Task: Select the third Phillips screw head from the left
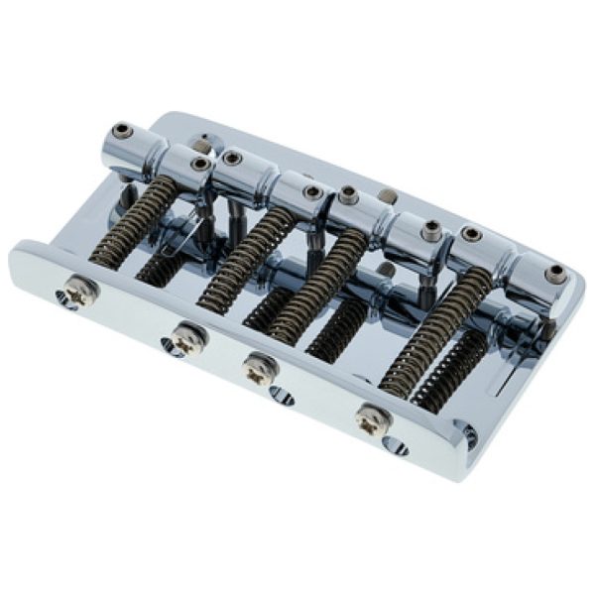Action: pyautogui.click(x=260, y=366)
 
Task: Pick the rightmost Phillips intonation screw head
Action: pyautogui.click(x=372, y=418)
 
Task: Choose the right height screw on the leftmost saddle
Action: pyautogui.click(x=201, y=164)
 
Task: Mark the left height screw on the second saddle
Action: pyautogui.click(x=232, y=158)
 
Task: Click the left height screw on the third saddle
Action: pyautogui.click(x=348, y=191)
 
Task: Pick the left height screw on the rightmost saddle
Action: pyautogui.click(x=471, y=235)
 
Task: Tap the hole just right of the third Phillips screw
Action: pyautogui.click(x=282, y=398)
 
